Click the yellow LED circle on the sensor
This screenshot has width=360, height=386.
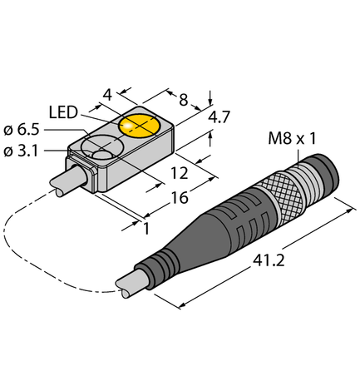click(x=139, y=125)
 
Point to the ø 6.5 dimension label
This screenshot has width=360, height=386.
click(x=22, y=130)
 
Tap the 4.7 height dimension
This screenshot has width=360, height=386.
click(x=219, y=119)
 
